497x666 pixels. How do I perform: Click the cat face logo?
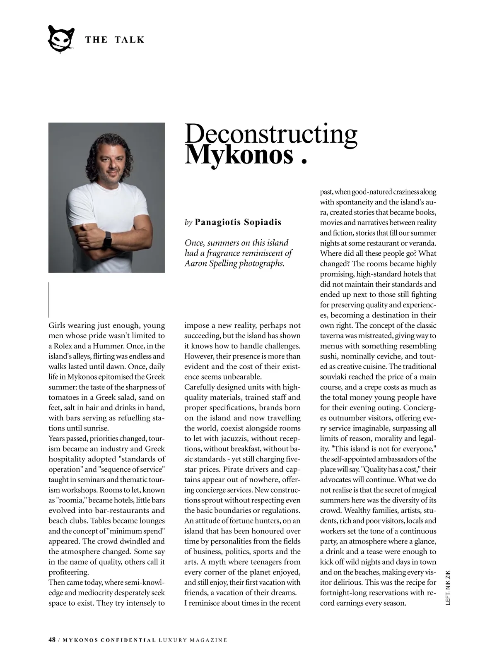coord(61,39)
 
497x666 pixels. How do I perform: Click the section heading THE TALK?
coord(115,40)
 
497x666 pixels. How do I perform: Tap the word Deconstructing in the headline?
coord(270,134)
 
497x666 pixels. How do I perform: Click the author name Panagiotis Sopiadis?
coord(238,222)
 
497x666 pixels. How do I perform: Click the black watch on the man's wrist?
coord(108,239)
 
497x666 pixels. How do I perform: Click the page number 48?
coord(52,640)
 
